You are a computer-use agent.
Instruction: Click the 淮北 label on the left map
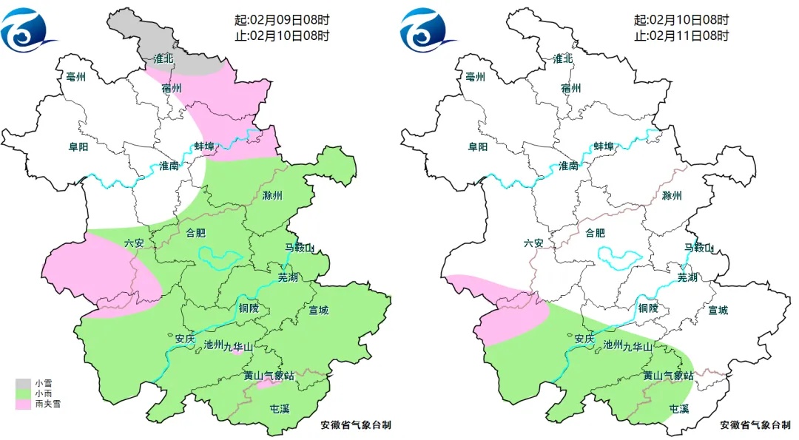(x=163, y=58)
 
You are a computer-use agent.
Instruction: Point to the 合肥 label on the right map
(x=596, y=233)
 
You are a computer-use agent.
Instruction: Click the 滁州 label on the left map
(x=273, y=196)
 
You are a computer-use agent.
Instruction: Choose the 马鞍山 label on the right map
(x=698, y=248)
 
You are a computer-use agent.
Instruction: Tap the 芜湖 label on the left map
(x=288, y=277)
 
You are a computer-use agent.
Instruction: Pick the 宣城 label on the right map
(x=718, y=310)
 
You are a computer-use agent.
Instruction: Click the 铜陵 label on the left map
(x=249, y=308)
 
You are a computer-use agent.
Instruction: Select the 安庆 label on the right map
(x=584, y=338)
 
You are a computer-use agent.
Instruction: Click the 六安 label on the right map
(x=533, y=243)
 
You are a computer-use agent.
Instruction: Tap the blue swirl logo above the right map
(x=428, y=28)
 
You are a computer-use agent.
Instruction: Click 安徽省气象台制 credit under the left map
(x=356, y=425)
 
